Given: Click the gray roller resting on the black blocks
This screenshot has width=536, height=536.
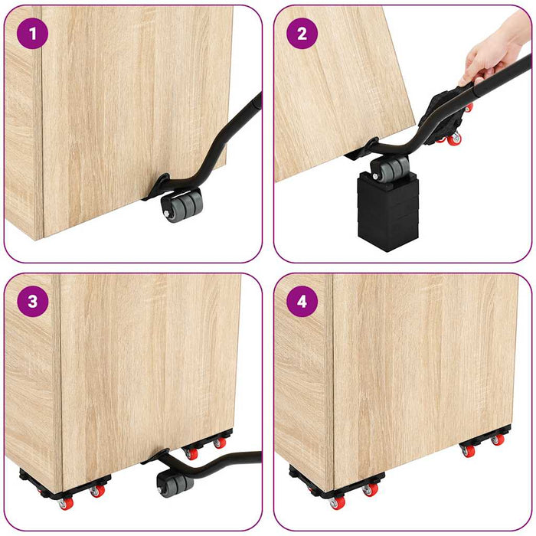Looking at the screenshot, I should (x=387, y=167).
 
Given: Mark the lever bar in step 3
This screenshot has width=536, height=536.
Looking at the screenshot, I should (x=222, y=459).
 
